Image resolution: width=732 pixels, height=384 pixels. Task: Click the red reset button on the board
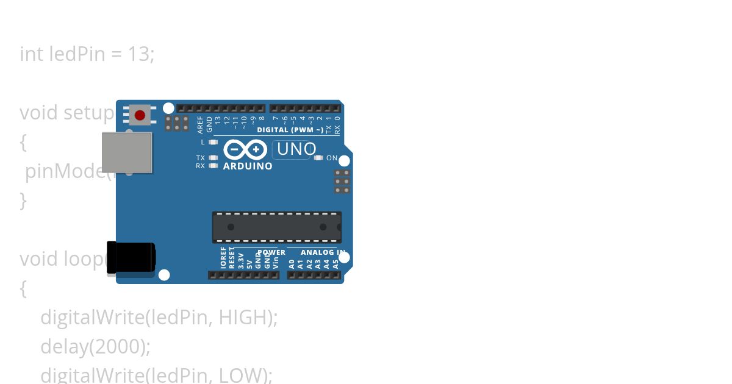point(140,115)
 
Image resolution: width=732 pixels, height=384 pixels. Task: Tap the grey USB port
point(126,152)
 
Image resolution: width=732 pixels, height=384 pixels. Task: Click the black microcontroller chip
point(276,227)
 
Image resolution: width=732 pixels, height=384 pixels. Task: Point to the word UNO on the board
point(296,149)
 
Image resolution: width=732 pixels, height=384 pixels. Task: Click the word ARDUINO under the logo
point(248,166)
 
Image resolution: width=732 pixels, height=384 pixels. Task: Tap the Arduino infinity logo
point(245,149)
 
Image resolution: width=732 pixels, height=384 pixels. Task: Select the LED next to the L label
point(213,142)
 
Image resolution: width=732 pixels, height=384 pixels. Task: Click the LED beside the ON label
point(318,158)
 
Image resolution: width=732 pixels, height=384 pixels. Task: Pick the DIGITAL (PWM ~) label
point(290,130)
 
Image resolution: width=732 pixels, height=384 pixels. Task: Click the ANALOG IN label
point(323,252)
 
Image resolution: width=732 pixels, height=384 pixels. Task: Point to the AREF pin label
point(200,125)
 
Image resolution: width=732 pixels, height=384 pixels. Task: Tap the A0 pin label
point(292,264)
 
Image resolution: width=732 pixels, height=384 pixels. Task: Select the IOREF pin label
point(223,258)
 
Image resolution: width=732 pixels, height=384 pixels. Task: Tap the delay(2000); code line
point(95,346)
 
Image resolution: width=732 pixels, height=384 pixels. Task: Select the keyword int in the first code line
point(32,54)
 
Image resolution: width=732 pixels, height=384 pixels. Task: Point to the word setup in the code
point(89,113)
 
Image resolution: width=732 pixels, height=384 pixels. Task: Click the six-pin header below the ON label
point(342,182)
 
